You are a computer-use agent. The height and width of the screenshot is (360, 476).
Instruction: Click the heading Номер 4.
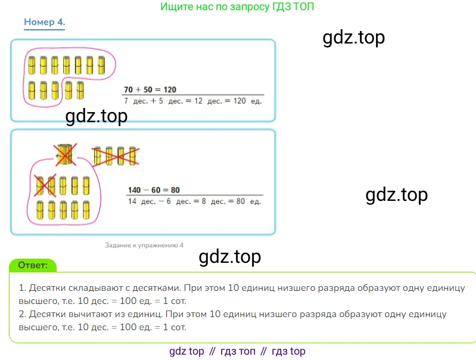click(44, 23)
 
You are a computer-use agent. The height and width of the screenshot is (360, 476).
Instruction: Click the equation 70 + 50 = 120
click(150, 89)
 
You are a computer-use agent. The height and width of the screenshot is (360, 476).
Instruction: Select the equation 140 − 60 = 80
click(154, 190)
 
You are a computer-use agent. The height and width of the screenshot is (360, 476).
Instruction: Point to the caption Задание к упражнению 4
click(144, 245)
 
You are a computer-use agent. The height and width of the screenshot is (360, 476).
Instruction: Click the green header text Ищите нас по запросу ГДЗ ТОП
click(238, 7)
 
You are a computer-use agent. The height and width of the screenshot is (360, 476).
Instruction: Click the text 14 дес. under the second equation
click(141, 201)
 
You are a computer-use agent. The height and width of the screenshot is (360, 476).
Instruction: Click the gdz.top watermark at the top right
click(354, 38)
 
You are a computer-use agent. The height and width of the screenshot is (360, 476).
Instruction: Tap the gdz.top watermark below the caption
click(229, 257)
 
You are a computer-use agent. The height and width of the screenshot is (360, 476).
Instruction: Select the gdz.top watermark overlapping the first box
click(96, 116)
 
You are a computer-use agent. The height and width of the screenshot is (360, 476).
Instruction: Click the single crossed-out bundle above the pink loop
click(64, 154)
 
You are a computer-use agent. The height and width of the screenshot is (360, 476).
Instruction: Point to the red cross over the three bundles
click(116, 156)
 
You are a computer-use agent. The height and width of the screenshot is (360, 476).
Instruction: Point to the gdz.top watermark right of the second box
click(396, 195)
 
